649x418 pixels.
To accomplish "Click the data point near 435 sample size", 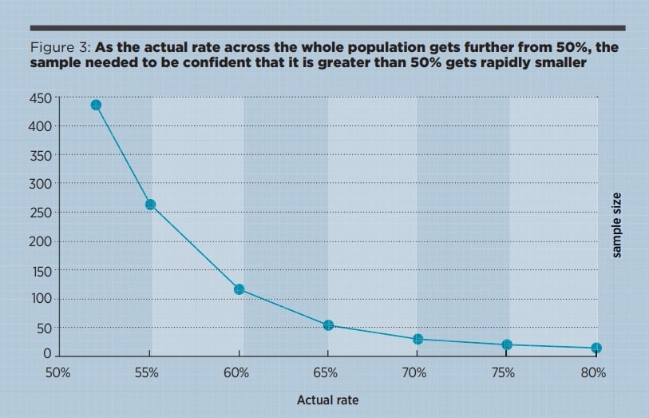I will [x=96, y=105].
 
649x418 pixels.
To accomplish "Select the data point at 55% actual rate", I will [x=150, y=205].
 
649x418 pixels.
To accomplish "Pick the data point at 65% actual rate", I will [x=328, y=325].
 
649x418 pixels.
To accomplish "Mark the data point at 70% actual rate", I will [x=417, y=339].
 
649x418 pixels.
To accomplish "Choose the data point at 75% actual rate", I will [x=507, y=344].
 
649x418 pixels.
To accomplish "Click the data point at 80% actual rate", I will [x=596, y=348].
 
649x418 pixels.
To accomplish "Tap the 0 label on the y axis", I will [x=47, y=353].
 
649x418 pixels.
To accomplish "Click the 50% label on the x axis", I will [x=59, y=373].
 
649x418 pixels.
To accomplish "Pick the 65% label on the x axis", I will [x=326, y=373].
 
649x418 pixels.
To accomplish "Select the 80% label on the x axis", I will [x=594, y=373].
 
